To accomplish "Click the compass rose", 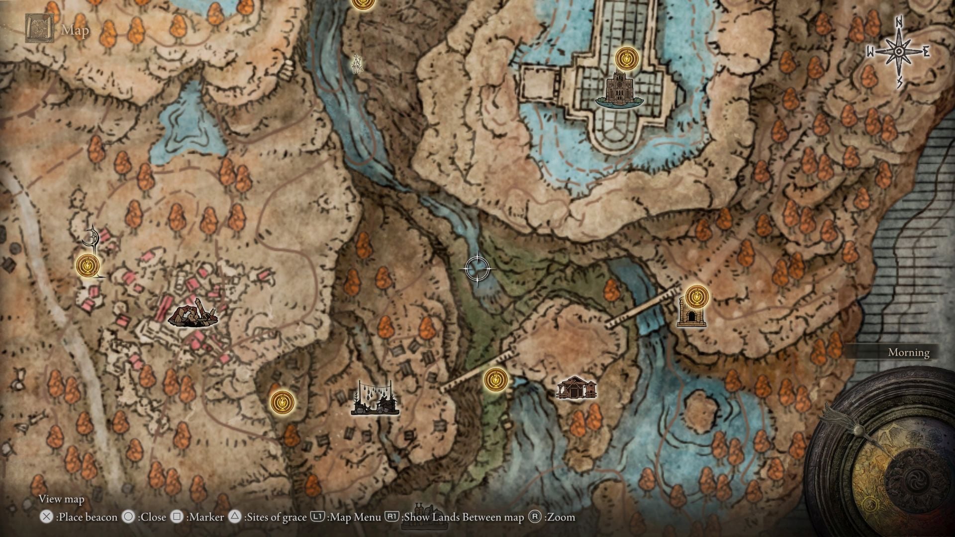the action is click(899, 52).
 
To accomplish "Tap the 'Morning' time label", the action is click(908, 353).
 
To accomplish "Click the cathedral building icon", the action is click(619, 89).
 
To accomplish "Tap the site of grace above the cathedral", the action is click(626, 58).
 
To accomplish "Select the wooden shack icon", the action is click(576, 388).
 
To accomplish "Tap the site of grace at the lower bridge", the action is click(496, 380).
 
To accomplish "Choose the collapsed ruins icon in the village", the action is click(192, 314).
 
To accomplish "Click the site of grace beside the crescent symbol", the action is click(88, 265).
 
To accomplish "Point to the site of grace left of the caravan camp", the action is click(282, 401).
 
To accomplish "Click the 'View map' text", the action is click(62, 499).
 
